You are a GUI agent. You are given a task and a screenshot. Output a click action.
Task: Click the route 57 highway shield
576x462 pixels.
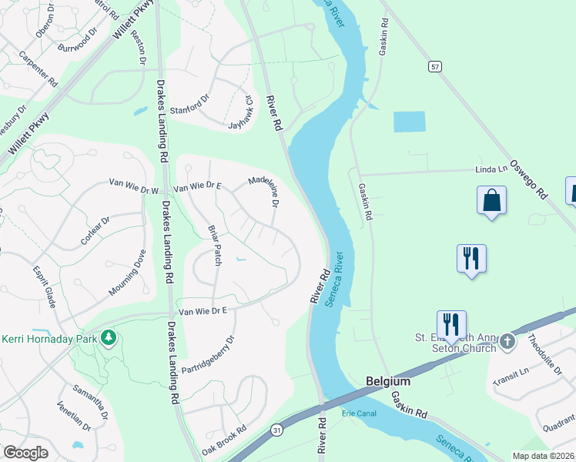tap(436, 68)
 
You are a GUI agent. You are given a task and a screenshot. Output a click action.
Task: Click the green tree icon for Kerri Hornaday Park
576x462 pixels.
tap(109, 337)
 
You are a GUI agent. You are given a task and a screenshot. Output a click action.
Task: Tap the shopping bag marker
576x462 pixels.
tap(491, 201)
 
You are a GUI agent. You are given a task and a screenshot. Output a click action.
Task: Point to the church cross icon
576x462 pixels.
tap(507, 340)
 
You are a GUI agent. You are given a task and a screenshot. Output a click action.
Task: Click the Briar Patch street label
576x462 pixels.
tap(215, 246)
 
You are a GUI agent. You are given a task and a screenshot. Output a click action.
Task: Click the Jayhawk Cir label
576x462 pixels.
tap(240, 113)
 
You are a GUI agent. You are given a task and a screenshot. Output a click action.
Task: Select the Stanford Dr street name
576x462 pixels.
tap(189, 104)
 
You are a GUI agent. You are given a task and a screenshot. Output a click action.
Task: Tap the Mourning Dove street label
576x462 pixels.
tap(128, 273)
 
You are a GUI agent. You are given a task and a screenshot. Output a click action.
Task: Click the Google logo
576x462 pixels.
tap(25, 452)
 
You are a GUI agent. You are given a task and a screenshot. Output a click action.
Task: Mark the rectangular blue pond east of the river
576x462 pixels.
tap(409, 122)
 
